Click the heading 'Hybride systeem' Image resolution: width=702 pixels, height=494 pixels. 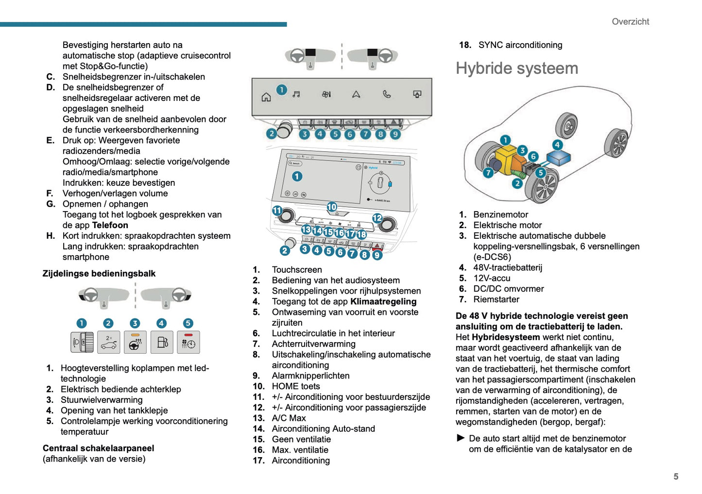click(x=516, y=68)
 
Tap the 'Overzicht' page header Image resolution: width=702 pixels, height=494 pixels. click(x=630, y=22)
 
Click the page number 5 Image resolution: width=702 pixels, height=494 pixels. click(x=676, y=477)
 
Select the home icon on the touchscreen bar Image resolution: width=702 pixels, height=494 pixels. click(x=266, y=97)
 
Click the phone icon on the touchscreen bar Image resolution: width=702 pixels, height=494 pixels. click(x=387, y=94)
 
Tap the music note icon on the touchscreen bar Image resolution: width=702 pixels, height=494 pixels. click(x=296, y=94)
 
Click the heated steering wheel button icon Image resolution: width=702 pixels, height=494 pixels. click(x=135, y=343)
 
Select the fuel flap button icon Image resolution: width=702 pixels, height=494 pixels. click(x=162, y=343)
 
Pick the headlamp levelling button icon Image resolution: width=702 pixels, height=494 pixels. click(x=82, y=343)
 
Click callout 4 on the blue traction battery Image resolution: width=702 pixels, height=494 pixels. click(x=557, y=145)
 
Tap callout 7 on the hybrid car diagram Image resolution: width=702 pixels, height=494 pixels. click(x=488, y=172)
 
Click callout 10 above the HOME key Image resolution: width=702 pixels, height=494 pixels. click(x=332, y=207)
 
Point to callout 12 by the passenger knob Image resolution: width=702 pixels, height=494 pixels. click(x=377, y=218)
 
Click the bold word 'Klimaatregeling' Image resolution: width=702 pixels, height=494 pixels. click(x=383, y=302)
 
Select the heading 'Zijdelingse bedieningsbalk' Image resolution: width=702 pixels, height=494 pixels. click(x=99, y=274)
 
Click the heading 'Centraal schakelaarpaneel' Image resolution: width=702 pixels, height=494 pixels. click(x=98, y=448)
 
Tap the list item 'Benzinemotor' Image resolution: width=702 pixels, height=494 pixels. click(x=500, y=214)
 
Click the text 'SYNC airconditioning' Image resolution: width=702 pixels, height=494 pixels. click(x=520, y=45)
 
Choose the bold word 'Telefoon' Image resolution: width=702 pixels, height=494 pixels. click(x=110, y=225)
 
